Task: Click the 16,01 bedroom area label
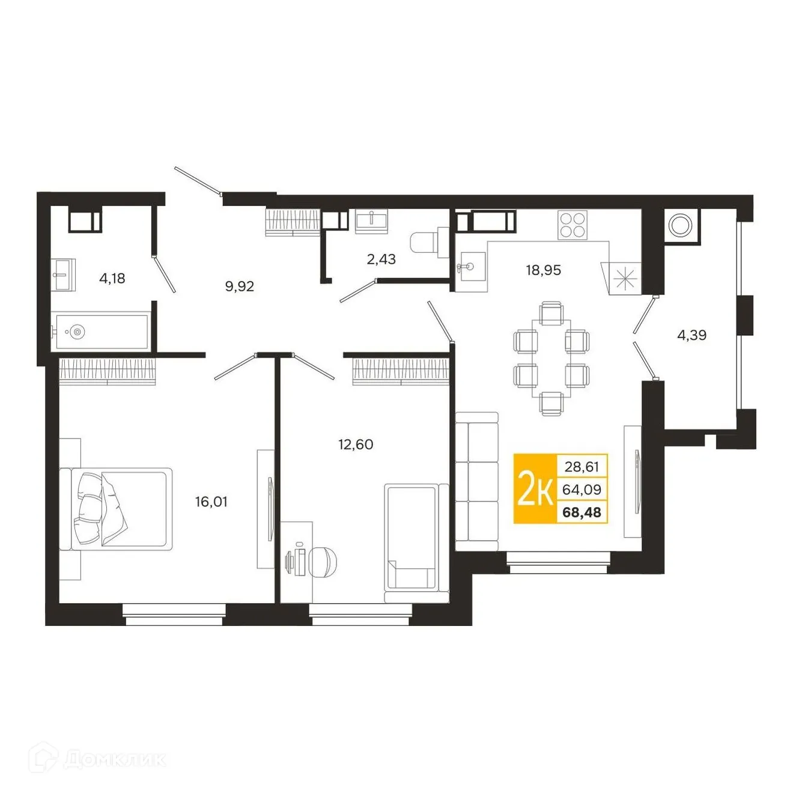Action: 211,502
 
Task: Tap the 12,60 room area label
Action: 356,445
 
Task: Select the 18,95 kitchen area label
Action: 543,270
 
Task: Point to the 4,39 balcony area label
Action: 691,335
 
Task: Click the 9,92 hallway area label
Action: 239,287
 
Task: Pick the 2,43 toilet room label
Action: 381,260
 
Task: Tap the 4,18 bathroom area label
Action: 112,278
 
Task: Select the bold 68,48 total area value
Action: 582,512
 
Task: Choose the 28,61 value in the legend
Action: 582,466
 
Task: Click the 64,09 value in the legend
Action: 582,490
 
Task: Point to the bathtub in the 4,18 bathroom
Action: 100,330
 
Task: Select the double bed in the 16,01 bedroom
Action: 120,508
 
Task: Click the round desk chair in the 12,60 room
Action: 325,562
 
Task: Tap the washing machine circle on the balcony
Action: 681,225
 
